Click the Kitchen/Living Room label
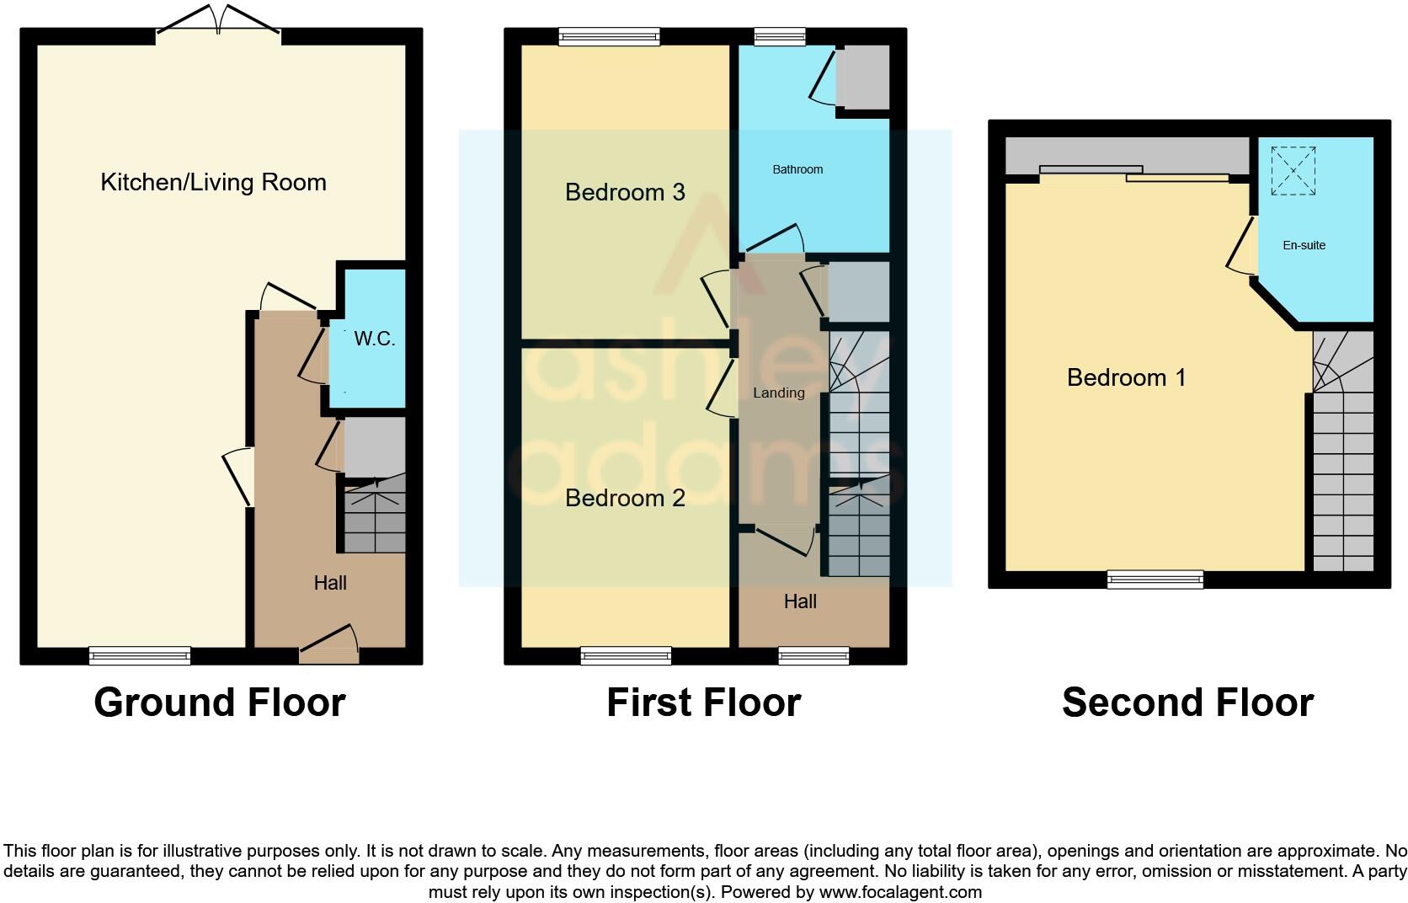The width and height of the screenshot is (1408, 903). coord(213,182)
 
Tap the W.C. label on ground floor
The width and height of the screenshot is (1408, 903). coord(374,339)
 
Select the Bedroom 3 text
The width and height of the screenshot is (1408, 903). coord(625,192)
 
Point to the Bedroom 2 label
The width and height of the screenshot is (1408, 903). coord(625,498)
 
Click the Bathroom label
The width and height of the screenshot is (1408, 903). coord(797,169)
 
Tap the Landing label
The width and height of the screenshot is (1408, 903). coord(778,393)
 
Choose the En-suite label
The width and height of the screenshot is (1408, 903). coord(1304,245)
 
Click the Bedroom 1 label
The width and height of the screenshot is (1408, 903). coord(1126,377)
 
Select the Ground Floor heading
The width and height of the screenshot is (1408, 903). coord(220,703)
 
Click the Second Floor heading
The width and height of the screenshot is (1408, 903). coord(1187,703)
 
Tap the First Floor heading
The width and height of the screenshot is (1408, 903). coord(703,703)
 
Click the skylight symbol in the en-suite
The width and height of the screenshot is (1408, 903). coord(1293,171)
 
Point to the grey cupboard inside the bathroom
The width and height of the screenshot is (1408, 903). coord(863,77)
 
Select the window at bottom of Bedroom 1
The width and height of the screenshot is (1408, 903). coord(1155,579)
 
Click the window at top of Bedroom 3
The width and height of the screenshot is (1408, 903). coord(609,36)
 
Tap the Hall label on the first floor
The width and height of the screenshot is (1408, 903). coord(800,601)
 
